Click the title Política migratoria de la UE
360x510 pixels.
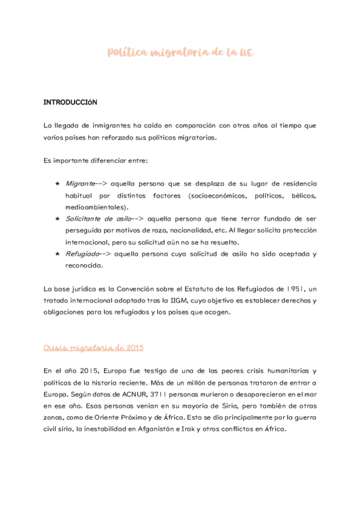(180, 53)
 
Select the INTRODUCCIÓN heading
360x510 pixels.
(70, 102)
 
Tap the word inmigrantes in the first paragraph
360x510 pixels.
(113, 126)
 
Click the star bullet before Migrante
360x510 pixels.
(57, 183)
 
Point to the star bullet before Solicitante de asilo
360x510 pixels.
(57, 219)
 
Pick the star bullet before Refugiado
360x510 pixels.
(57, 254)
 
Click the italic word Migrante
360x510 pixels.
(80, 183)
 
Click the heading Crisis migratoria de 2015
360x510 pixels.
(93, 348)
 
